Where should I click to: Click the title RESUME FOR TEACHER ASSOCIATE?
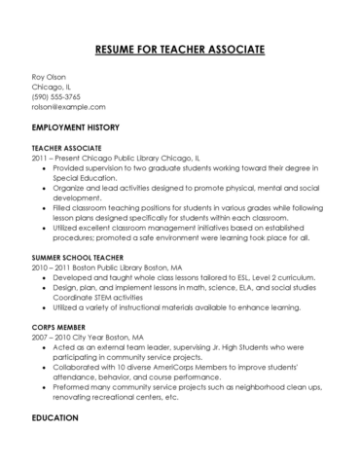[x=179, y=49]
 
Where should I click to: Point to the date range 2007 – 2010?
[x=52, y=321]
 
